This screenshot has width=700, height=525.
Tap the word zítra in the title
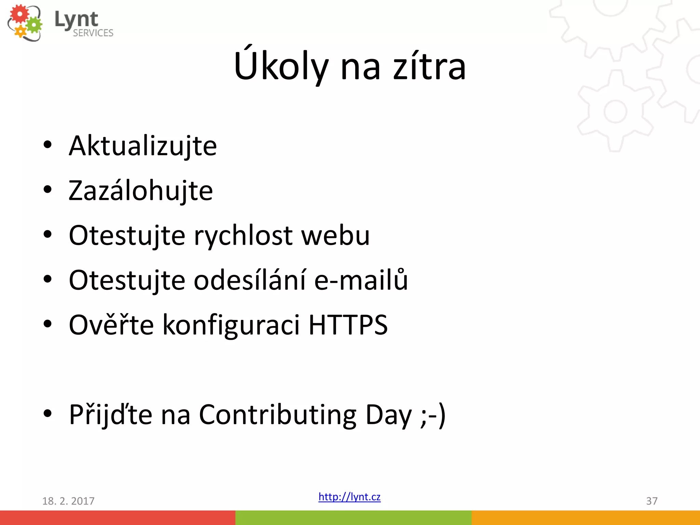[429, 66]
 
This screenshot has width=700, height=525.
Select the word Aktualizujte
[143, 146]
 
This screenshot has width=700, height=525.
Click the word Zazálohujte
[140, 191]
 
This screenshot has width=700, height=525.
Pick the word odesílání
[250, 280]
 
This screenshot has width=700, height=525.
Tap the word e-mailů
[361, 280]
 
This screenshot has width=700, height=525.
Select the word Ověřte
[111, 325]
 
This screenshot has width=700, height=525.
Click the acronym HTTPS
[348, 325]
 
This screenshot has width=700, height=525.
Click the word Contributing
[278, 415]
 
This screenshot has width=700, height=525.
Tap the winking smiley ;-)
[433, 415]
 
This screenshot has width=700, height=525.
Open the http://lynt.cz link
[349, 497]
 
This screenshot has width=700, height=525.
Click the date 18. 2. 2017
[68, 501]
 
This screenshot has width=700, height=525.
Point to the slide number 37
[651, 501]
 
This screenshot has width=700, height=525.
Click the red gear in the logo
[19, 14]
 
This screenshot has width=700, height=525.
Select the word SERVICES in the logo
[93, 33]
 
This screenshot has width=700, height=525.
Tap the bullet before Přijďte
[48, 413]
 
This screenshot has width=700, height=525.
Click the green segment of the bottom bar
[353, 517]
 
